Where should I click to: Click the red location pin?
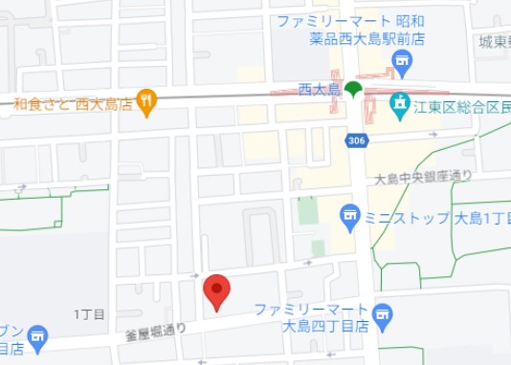point(217,290)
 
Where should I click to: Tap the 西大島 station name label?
point(320,90)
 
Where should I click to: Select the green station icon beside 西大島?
point(353,90)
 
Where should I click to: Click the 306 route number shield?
point(356,141)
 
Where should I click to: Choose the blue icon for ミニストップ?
point(349,218)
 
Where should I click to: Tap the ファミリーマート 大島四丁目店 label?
point(312,317)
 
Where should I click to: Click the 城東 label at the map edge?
point(494,41)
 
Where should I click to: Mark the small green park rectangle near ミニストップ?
point(306,209)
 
